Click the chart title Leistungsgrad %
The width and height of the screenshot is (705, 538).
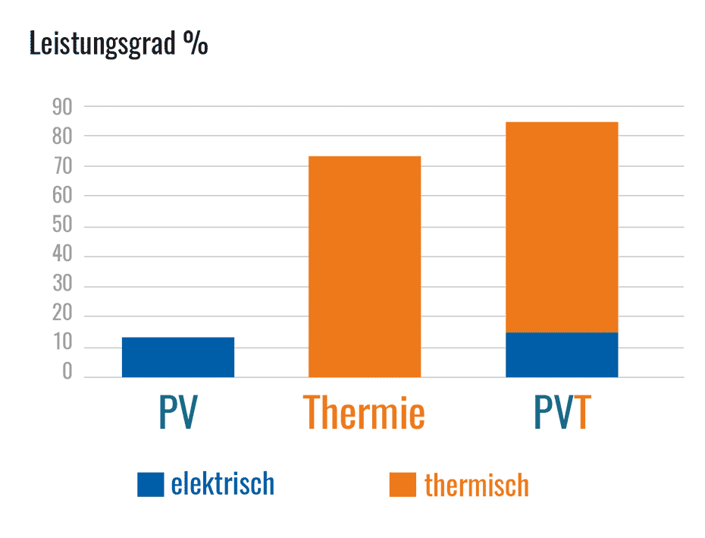point(118,43)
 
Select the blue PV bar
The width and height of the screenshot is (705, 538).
point(178,357)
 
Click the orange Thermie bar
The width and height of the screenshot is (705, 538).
point(365,266)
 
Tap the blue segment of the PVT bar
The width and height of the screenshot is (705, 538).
point(562,354)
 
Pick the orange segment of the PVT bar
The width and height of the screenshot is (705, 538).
point(562,226)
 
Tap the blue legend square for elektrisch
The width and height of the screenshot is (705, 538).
point(150,484)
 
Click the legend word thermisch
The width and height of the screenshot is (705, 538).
point(476,485)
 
